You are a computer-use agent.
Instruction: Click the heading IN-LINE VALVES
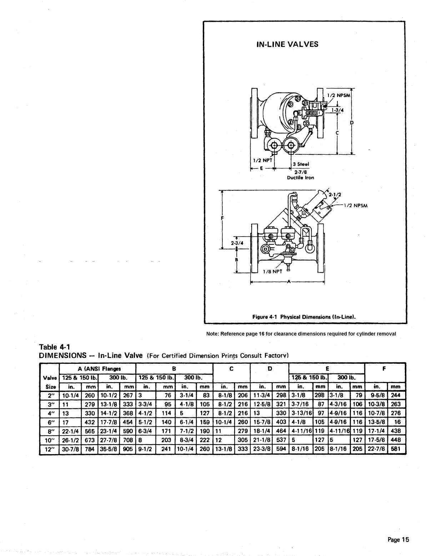(287, 44)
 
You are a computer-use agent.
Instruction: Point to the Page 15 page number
(398, 540)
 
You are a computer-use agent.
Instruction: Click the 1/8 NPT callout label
(272, 272)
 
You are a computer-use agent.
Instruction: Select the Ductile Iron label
(301, 178)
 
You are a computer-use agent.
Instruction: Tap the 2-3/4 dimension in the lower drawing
(237, 243)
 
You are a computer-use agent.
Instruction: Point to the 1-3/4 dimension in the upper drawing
(337, 110)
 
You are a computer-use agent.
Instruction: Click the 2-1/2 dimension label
(335, 195)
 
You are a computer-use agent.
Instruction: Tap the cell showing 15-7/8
(262, 422)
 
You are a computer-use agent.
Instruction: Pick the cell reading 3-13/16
(301, 413)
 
